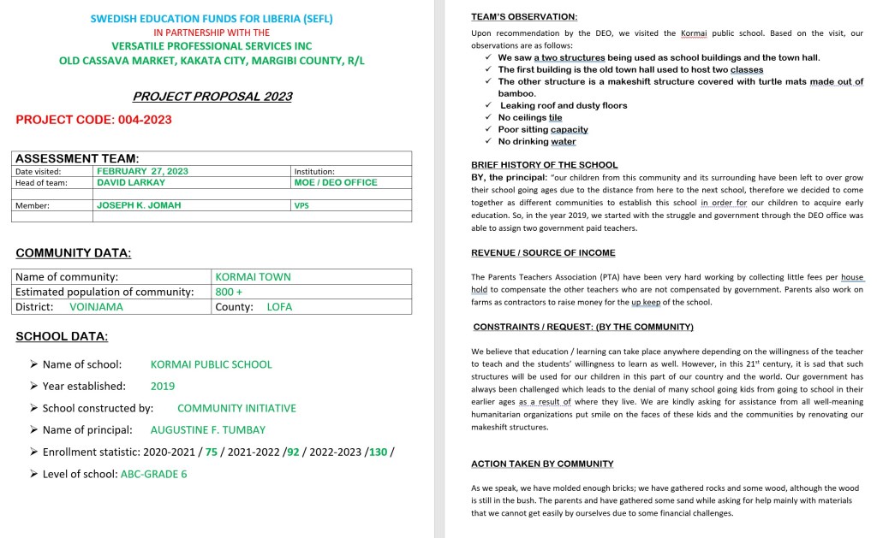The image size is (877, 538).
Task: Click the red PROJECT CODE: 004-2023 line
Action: (93, 120)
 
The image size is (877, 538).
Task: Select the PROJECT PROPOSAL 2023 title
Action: (212, 97)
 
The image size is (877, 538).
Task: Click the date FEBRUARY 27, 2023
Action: (142, 171)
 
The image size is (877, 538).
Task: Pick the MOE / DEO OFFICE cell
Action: (335, 182)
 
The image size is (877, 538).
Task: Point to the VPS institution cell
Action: (301, 205)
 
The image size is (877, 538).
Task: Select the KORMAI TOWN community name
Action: (253, 277)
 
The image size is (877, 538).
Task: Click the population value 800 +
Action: (229, 292)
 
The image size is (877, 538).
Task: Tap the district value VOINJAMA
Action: (96, 306)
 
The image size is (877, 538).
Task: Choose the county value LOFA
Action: (279, 306)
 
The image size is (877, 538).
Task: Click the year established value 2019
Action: (163, 387)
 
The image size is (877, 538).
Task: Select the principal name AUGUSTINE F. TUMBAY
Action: (208, 430)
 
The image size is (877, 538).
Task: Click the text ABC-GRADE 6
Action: (153, 474)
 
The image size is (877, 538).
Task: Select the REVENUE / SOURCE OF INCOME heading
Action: (543, 253)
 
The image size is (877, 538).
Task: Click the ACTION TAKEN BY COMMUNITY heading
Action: (542, 464)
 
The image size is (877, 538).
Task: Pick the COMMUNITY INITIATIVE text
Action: (236, 409)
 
